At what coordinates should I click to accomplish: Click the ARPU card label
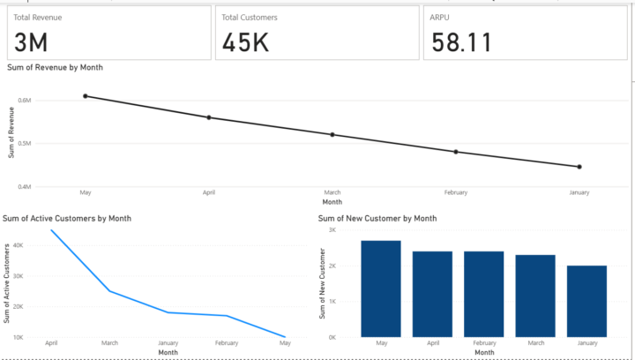coord(440,17)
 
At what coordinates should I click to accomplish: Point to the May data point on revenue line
coord(86,96)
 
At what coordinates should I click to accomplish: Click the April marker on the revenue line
coord(209,117)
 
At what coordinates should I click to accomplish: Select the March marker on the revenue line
coord(332,135)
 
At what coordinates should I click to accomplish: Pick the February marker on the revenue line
coord(456,152)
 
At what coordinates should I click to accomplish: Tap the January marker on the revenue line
coord(579,167)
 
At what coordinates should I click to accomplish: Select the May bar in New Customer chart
coord(381,289)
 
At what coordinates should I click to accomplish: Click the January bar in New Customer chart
coord(586,301)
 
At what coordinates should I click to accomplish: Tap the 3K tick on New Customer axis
coord(332,229)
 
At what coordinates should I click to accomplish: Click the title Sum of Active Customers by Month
coord(68,218)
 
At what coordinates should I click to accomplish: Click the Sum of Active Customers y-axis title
coord(9,282)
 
